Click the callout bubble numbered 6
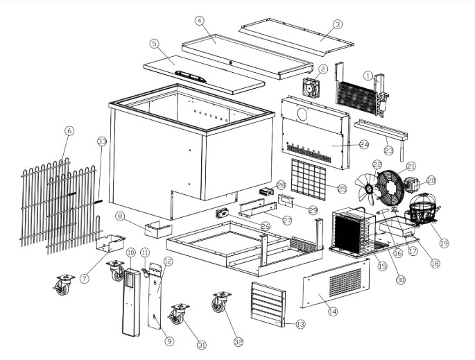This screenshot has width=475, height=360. (x=69, y=130)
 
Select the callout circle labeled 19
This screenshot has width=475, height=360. (x=443, y=244)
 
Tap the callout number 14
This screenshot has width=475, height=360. (x=332, y=311)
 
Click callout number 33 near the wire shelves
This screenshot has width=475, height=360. (x=102, y=142)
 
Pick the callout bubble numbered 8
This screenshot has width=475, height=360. (x=119, y=216)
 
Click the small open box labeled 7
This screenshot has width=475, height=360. (x=110, y=243)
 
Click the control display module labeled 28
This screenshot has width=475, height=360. (x=267, y=189)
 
